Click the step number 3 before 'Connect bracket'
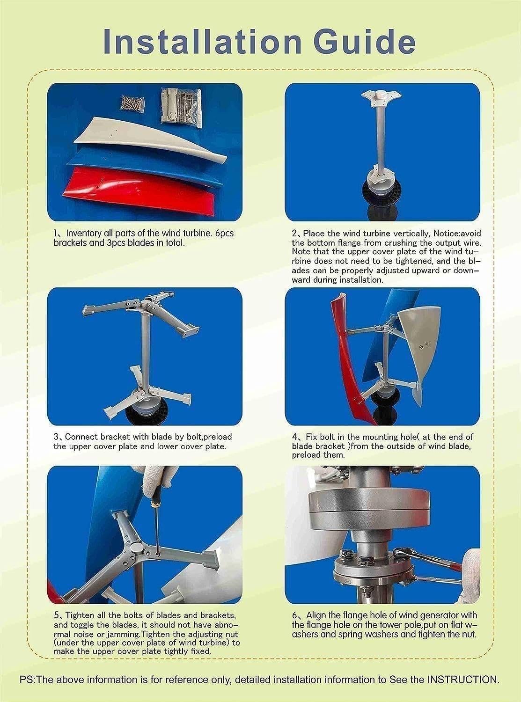tap(56, 437)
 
